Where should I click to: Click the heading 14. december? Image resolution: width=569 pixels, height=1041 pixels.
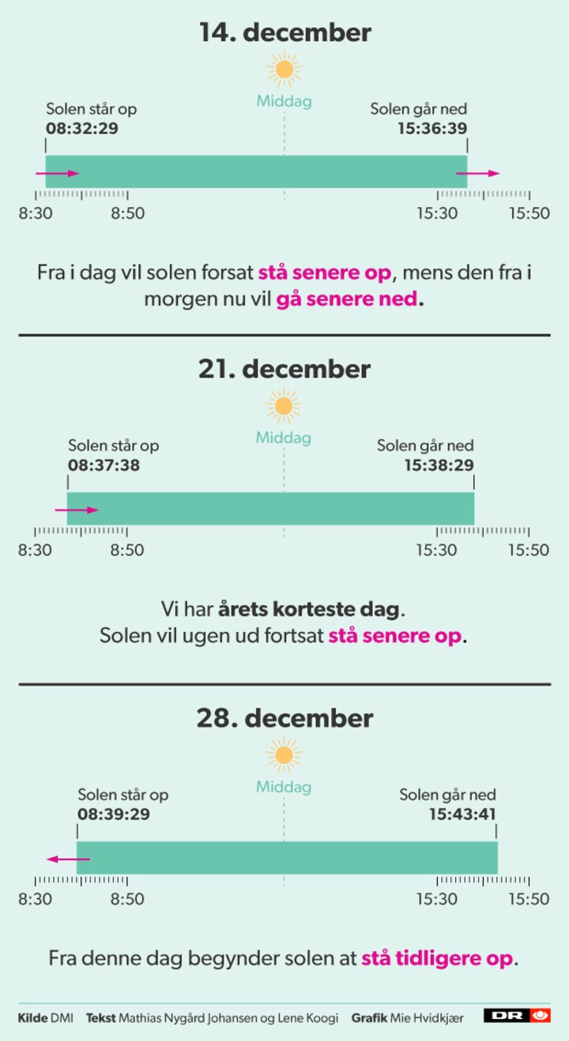click(284, 33)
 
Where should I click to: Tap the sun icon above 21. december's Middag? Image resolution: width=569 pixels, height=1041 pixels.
click(284, 407)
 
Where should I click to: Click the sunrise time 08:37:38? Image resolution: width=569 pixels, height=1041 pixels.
click(104, 465)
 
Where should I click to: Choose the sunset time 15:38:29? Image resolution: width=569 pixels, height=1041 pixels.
click(439, 465)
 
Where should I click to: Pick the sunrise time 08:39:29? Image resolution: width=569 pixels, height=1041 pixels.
click(114, 814)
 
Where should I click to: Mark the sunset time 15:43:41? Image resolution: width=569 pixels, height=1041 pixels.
click(462, 814)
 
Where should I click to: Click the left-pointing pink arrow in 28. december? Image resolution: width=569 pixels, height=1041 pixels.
click(68, 859)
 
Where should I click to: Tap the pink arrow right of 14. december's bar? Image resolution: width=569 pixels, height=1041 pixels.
click(478, 173)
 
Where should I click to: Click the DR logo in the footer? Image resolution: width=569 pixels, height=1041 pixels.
click(517, 1016)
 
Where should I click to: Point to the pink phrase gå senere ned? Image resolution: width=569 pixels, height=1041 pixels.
click(349, 300)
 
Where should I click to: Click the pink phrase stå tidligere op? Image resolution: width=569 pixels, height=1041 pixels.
click(438, 959)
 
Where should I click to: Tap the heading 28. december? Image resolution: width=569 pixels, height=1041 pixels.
click(284, 719)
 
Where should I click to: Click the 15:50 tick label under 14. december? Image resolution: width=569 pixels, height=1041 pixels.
click(529, 213)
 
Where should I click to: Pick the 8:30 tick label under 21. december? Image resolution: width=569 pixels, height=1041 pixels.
click(36, 550)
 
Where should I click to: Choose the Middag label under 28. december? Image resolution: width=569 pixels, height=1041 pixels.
click(284, 787)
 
